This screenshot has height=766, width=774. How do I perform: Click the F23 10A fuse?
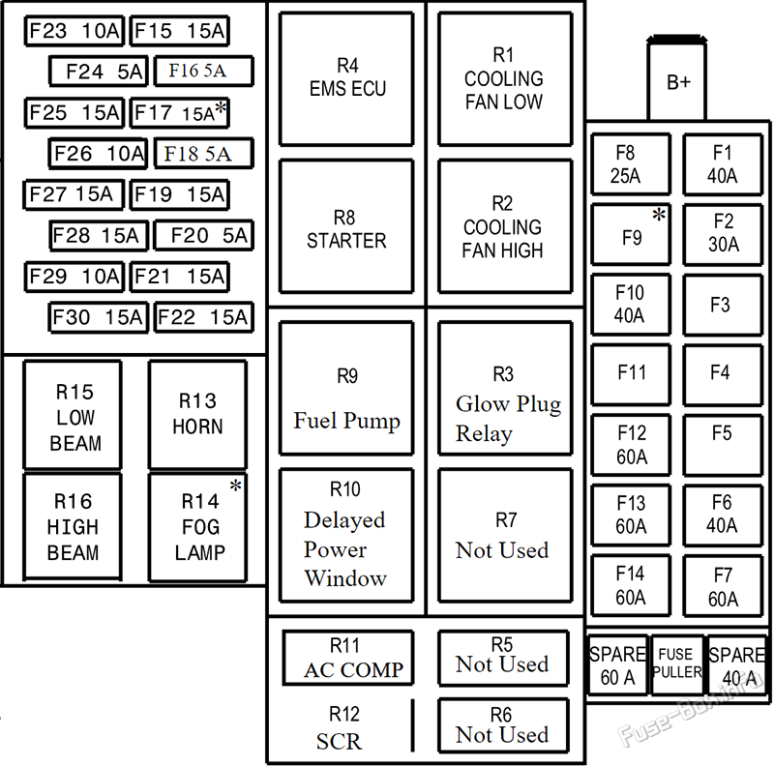coord(74,31)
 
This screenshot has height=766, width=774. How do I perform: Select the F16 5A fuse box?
coord(204,71)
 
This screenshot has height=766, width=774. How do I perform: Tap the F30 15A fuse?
coord(99,317)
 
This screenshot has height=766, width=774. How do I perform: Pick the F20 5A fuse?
coord(204,235)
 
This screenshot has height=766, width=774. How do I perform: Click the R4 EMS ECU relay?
coord(346,79)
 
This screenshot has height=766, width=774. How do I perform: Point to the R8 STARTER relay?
coord(346,226)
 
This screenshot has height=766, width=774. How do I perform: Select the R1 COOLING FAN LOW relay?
coord(505,79)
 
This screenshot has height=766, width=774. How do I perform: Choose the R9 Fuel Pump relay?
coord(346,388)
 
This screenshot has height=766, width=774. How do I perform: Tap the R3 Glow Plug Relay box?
coord(505,388)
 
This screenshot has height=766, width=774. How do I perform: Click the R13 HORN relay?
coord(198,415)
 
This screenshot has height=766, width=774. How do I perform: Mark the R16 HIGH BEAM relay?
coord(73,526)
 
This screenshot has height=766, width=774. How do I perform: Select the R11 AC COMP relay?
coord(348,658)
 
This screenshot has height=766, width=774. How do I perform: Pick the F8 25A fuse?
coord(631,164)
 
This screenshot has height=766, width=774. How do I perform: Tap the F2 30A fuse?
coord(723,235)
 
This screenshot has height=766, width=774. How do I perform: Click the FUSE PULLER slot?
coord(676,664)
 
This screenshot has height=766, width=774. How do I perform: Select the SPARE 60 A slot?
coord(618,664)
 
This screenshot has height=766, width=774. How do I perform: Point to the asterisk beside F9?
coord(659,215)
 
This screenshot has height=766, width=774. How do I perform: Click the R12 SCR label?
coord(340,728)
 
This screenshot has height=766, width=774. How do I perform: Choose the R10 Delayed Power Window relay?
coord(346,536)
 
